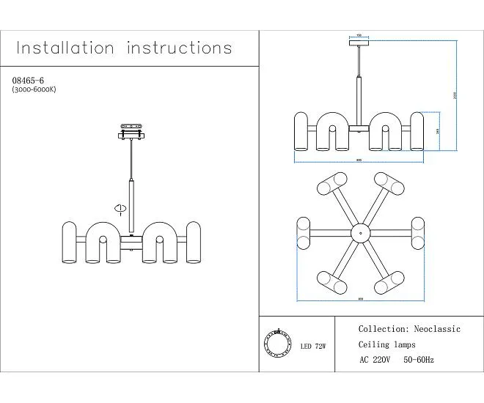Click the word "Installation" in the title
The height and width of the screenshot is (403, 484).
tap(65, 49)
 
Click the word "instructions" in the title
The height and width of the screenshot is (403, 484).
tap(180, 49)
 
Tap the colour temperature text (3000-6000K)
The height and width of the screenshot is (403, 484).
tap(34, 89)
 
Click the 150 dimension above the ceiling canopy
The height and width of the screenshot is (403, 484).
tap(359, 35)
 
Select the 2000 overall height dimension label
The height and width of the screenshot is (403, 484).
tap(455, 95)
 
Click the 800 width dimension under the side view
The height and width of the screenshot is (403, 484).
tap(359, 160)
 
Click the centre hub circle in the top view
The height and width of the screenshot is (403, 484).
tap(360, 234)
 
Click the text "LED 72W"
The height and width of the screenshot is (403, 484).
tap(313, 345)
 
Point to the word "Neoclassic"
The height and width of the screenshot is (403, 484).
tap(437, 330)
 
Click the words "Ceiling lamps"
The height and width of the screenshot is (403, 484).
tap(386, 345)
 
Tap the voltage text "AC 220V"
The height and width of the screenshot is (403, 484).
tap(375, 360)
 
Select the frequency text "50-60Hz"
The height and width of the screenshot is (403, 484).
tap(419, 360)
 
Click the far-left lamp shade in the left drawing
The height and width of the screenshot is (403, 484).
tap(70, 242)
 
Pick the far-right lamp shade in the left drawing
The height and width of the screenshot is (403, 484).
tap(194, 242)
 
